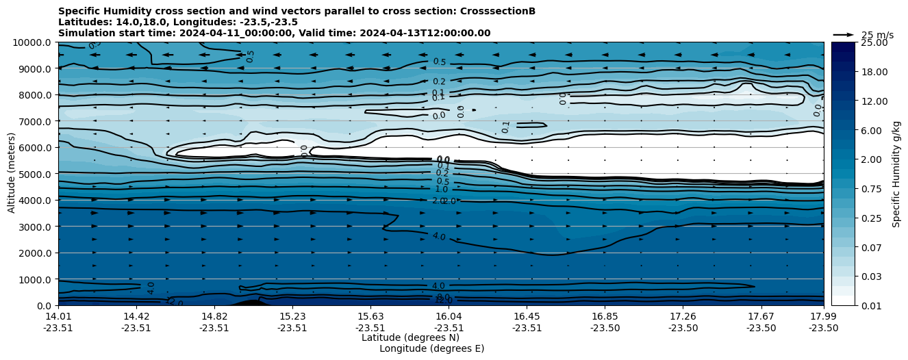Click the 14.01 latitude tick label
point(58,316)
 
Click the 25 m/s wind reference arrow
point(844,35)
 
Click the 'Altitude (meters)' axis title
point(12,174)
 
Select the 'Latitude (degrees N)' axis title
point(410,337)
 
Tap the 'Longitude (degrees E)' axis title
point(431,348)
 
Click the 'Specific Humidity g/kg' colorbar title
point(896,174)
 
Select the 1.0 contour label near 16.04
point(442,190)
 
